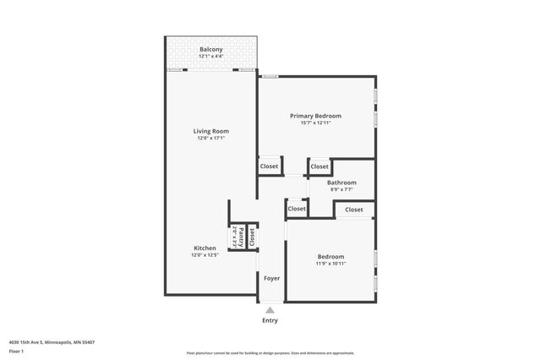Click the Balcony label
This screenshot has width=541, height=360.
211,50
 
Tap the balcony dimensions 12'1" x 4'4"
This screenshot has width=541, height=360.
211,57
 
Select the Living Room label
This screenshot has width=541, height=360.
211,131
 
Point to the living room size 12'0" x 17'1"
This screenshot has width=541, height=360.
211,138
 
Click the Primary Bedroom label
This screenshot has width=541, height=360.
315,116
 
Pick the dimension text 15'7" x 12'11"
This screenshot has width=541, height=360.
315,123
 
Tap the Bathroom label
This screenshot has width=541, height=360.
342,183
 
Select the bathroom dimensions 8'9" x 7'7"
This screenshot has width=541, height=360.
342,189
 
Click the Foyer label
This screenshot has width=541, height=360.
271,278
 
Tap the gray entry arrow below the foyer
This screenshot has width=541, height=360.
270,309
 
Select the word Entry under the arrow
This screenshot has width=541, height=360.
270,320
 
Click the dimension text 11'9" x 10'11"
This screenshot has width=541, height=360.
331,264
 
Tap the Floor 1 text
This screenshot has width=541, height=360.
16,351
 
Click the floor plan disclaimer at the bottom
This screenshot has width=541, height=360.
270,352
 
